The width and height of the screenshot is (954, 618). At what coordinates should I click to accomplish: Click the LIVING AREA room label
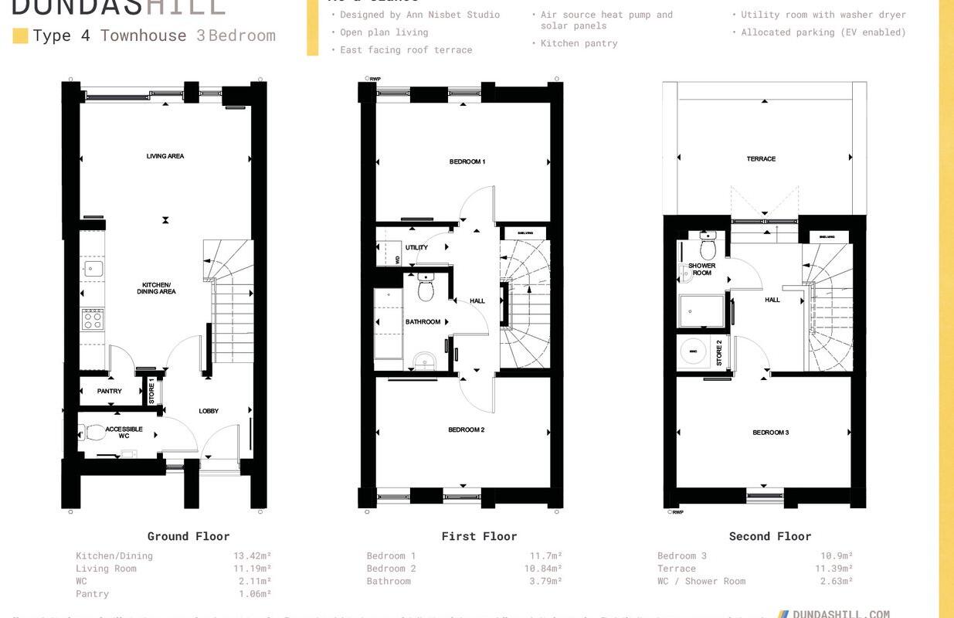[x=165, y=156]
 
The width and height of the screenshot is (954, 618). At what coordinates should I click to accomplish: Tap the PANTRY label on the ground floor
[x=110, y=391]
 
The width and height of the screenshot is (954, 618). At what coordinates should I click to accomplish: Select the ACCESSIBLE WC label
[x=124, y=433]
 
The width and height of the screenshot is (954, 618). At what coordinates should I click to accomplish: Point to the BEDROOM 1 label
[x=467, y=161]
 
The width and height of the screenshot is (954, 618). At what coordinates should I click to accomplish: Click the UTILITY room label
[x=416, y=248]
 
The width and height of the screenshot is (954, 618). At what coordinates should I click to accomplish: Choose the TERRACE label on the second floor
[x=761, y=158]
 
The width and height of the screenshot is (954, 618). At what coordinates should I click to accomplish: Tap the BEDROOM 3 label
[x=770, y=433]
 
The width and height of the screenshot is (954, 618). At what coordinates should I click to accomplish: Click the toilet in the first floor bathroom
[x=425, y=288]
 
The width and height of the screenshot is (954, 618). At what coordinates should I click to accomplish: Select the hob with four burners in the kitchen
[x=93, y=318]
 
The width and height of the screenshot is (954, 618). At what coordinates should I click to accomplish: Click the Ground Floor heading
[x=188, y=536]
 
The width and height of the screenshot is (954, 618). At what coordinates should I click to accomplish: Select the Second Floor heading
[x=770, y=536]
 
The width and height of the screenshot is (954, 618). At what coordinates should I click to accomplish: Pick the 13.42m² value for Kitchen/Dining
[x=253, y=555]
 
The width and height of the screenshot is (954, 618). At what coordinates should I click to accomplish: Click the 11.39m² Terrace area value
[x=834, y=569]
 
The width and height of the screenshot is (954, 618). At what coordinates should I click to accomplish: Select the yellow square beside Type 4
[x=21, y=36]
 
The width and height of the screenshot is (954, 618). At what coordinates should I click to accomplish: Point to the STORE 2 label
[x=719, y=351]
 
